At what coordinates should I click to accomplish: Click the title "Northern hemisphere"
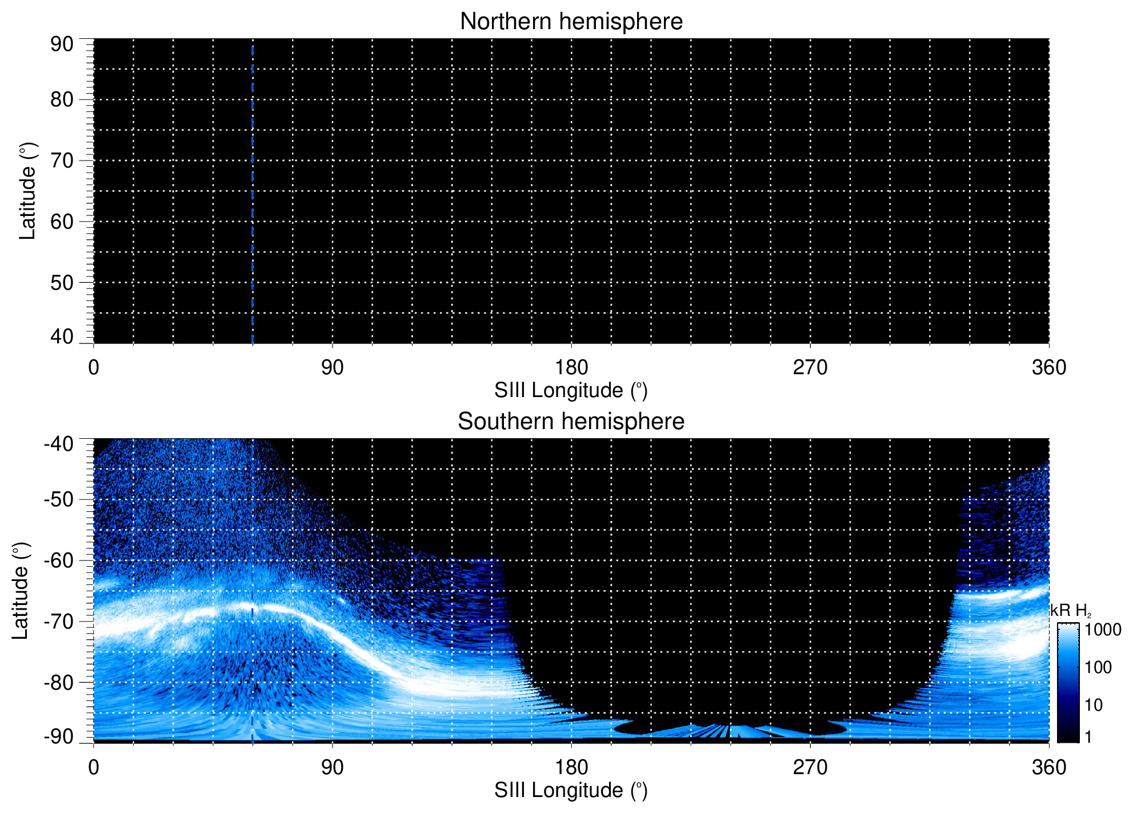pyautogui.click(x=571, y=22)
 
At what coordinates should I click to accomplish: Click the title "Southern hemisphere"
pyautogui.click(x=571, y=422)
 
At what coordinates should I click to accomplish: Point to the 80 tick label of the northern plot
pyautogui.click(x=62, y=100)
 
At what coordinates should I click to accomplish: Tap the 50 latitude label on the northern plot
pyautogui.click(x=62, y=283)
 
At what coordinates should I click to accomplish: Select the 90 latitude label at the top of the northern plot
pyautogui.click(x=62, y=45)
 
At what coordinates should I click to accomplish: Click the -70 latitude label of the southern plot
pyautogui.click(x=59, y=622)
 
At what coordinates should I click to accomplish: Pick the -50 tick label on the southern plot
pyautogui.click(x=59, y=499)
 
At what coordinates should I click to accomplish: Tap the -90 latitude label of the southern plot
pyautogui.click(x=59, y=736)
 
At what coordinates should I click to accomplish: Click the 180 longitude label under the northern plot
pyautogui.click(x=571, y=367)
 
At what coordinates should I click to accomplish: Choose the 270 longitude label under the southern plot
pyautogui.click(x=810, y=767)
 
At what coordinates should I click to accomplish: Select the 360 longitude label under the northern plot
pyautogui.click(x=1049, y=367)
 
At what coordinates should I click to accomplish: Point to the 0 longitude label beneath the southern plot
pyautogui.click(x=94, y=767)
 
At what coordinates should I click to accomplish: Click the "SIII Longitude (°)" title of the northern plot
pyautogui.click(x=571, y=391)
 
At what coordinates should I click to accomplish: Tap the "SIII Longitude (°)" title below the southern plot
pyautogui.click(x=571, y=791)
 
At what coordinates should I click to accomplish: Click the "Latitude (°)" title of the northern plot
pyautogui.click(x=27, y=191)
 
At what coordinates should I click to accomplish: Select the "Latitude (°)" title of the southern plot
pyautogui.click(x=21, y=591)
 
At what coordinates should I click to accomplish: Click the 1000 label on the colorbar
pyautogui.click(x=1103, y=630)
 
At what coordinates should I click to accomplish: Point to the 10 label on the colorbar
pyautogui.click(x=1094, y=705)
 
